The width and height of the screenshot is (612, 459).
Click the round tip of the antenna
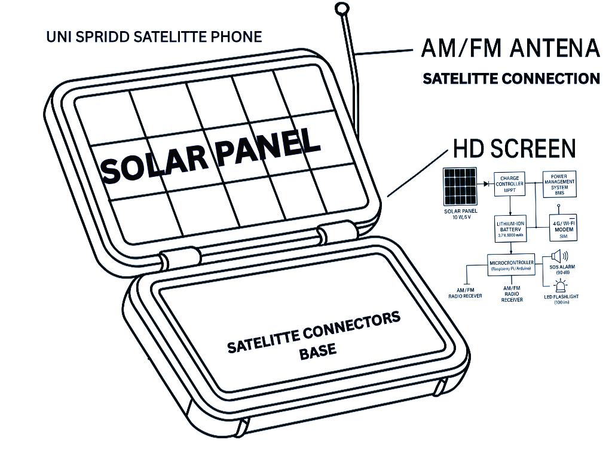(x=341, y=8)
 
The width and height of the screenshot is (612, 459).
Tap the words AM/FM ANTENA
(x=510, y=48)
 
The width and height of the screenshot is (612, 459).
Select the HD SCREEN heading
(x=514, y=148)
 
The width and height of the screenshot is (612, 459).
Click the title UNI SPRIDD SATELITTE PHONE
(x=154, y=37)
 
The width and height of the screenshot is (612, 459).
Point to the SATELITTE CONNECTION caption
(x=511, y=78)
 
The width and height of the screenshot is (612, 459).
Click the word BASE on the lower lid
(x=317, y=351)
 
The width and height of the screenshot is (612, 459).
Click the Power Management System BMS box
(x=559, y=184)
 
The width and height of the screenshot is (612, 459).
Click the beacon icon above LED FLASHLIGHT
(x=561, y=286)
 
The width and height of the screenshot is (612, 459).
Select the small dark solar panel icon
(x=460, y=186)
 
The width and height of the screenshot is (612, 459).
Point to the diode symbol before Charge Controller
(x=485, y=182)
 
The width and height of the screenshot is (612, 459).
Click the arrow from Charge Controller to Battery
(x=509, y=206)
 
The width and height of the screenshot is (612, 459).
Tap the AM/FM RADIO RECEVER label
(x=465, y=292)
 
